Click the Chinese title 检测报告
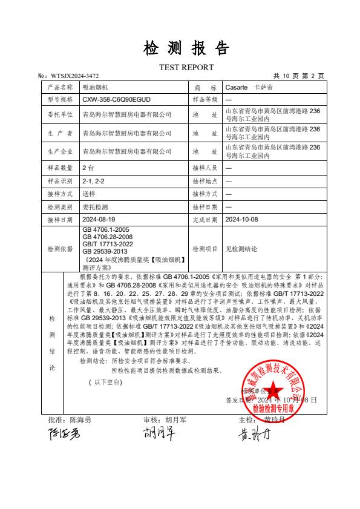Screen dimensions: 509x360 coord(186,48)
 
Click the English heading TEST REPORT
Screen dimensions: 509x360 coord(186,67)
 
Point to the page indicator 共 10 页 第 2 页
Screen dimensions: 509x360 coord(299,76)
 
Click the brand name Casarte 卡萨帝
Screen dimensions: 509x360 coord(247,87)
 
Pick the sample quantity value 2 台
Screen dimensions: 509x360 coord(88,167)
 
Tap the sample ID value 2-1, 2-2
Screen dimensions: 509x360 coord(93,180)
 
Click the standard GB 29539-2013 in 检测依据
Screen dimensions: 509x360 coord(105,251)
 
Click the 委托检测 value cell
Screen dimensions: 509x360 coord(94,207)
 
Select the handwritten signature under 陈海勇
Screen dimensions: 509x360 coord(64,435)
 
